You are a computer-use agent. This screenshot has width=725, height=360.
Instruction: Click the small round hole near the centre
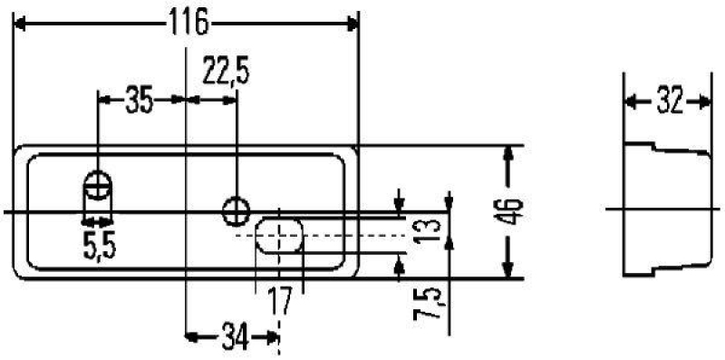tap(237, 210)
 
